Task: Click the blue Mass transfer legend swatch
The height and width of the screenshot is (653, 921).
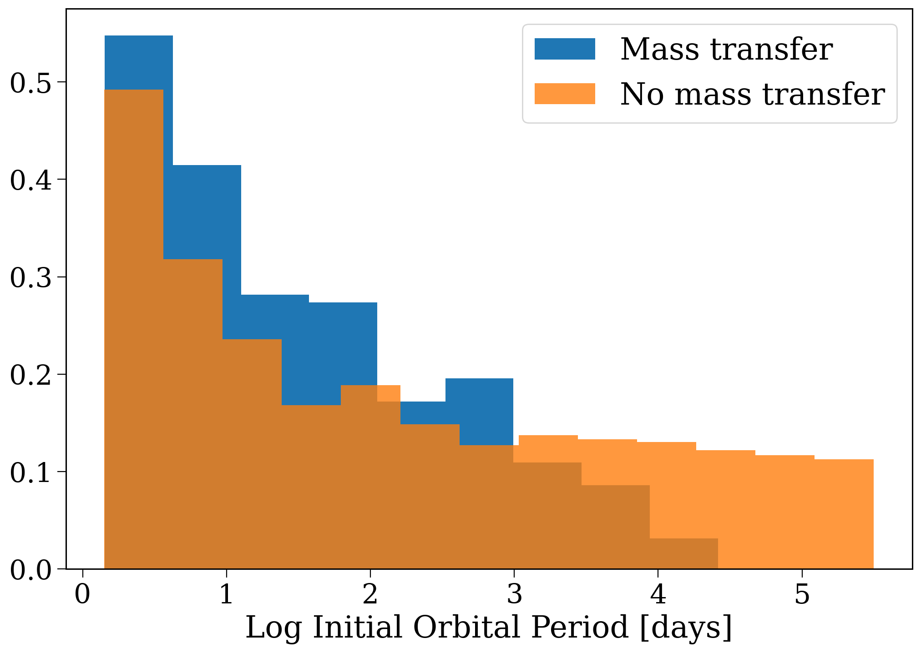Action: tap(565, 49)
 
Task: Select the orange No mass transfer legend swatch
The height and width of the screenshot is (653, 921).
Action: tap(565, 94)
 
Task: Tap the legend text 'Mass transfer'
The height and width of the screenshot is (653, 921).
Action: tap(727, 49)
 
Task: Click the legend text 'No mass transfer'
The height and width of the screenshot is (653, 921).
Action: tap(753, 94)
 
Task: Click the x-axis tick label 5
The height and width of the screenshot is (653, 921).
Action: tap(802, 594)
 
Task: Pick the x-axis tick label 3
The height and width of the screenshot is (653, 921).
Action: tap(514, 594)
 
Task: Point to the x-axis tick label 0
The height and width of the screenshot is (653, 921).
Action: tap(82, 594)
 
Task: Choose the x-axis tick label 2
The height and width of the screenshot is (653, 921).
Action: tap(370, 594)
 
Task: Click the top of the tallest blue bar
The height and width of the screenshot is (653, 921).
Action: tap(139, 35)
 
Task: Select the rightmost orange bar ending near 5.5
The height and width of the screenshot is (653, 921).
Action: tap(844, 514)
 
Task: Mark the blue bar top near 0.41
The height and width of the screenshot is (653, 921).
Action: tap(207, 166)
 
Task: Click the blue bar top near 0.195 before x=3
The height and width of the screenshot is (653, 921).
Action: tap(480, 378)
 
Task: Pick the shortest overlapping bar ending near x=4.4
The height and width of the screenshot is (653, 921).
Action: tap(684, 553)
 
